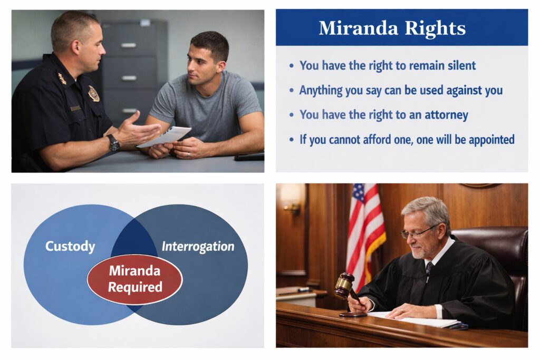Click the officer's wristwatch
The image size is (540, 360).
click(x=113, y=142)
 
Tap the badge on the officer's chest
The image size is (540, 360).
click(x=94, y=93)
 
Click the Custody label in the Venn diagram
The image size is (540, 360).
click(x=70, y=246)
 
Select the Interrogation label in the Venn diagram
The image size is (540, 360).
click(x=198, y=246)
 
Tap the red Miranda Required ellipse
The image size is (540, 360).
click(x=134, y=279)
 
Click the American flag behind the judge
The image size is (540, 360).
click(x=363, y=232)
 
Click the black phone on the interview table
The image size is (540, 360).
click(x=249, y=157)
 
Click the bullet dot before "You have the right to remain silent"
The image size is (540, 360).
click(x=292, y=66)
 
